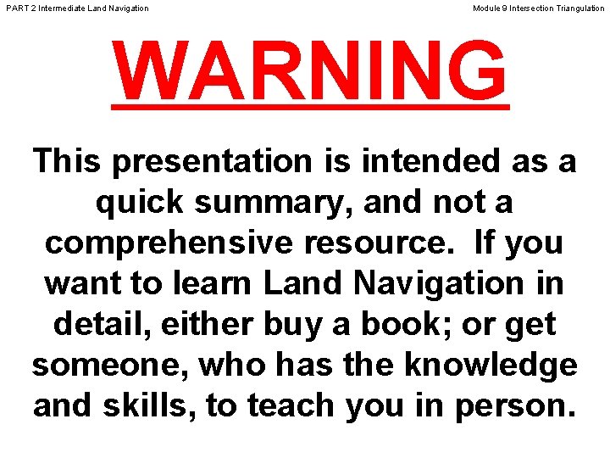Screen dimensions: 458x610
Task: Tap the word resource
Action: tap(385, 243)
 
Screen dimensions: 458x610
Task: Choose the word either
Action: tap(198, 324)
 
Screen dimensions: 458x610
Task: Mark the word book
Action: tap(384, 324)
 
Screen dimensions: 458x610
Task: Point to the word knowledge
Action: tap(491, 365)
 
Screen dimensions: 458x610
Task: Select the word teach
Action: tap(293, 405)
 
